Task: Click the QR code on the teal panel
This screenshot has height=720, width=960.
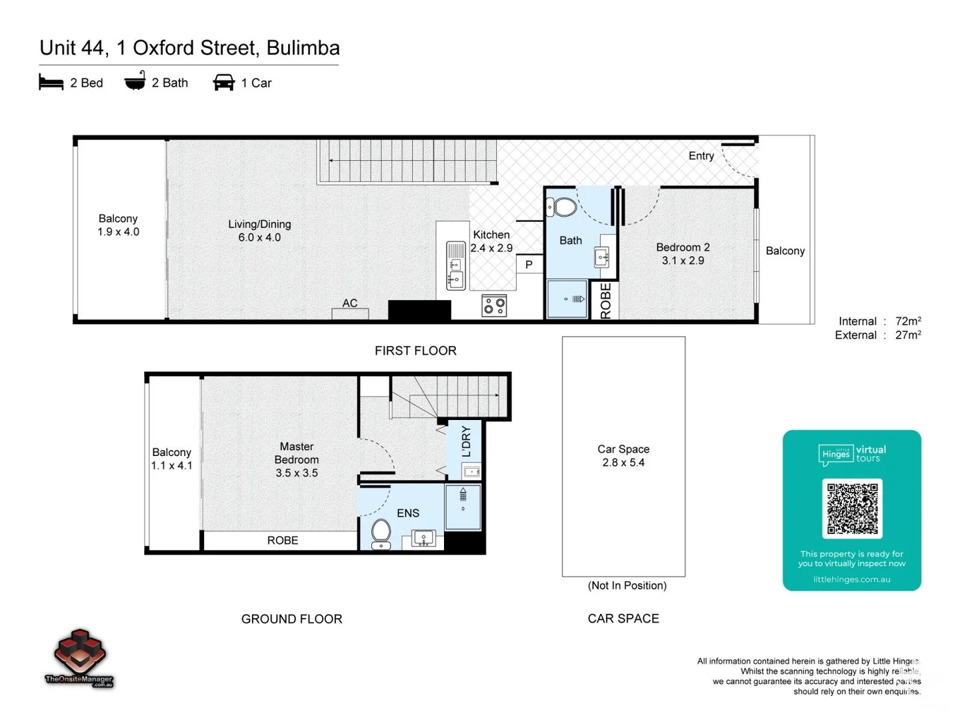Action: [852, 509]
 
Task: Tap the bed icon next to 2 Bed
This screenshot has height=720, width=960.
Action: [51, 83]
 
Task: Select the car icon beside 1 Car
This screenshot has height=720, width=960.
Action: [223, 83]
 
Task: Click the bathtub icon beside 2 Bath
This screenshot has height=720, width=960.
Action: [135, 81]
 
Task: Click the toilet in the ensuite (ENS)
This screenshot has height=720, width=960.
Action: [381, 532]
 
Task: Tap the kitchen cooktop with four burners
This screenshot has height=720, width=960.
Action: [494, 306]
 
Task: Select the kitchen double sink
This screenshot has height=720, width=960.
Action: [456, 265]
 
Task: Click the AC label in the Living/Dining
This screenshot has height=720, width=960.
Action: [350, 303]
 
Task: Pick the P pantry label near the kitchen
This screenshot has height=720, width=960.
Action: [529, 265]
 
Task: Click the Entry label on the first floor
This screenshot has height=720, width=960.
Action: [701, 156]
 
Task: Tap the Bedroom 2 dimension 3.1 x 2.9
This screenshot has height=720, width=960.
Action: [683, 261]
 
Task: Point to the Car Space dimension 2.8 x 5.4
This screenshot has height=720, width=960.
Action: [623, 463]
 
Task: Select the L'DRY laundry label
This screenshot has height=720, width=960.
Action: [466, 441]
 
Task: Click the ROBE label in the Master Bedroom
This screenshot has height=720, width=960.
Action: [283, 541]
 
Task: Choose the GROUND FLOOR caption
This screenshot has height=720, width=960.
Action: [291, 619]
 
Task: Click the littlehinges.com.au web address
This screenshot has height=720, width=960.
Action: [851, 579]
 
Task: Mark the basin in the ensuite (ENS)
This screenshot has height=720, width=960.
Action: [423, 537]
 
